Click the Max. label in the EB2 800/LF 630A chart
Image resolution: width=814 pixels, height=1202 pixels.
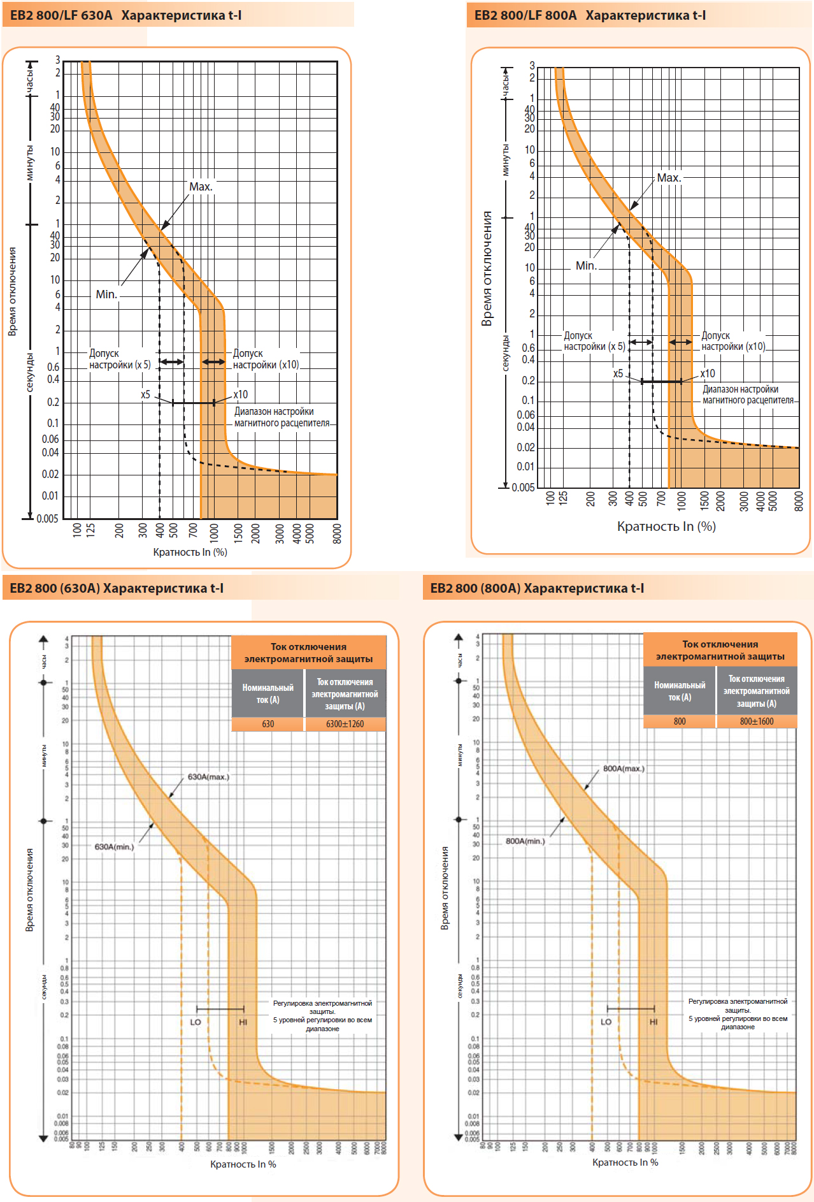201,187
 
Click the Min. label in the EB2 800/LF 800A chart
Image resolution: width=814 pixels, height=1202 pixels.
586,266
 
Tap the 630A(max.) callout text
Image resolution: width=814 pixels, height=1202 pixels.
208,777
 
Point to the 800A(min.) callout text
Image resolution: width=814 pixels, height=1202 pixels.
525,841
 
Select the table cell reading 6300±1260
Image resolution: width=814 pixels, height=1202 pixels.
345,724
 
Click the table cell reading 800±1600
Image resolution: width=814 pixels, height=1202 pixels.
757,721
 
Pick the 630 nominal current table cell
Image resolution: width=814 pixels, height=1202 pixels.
268,724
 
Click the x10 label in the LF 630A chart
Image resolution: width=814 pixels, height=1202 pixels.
241,395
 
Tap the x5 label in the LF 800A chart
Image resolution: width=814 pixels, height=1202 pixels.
618,373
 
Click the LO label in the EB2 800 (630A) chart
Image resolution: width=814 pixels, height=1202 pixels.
196,1022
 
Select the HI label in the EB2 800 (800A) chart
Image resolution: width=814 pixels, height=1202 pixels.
653,1022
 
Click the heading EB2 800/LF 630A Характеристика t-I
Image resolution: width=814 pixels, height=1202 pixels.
126,15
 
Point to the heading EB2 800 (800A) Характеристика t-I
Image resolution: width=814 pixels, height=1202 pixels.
537,588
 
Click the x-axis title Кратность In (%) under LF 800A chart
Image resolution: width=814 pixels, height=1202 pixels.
666,526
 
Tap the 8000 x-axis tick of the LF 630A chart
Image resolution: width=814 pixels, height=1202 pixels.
338,533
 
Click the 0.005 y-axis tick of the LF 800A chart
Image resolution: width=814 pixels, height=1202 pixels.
524,488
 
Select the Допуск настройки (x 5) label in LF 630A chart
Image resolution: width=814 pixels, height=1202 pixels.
120,359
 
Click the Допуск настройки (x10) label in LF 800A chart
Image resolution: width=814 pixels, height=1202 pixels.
733,341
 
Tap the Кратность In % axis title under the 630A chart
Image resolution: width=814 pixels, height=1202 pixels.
243,1164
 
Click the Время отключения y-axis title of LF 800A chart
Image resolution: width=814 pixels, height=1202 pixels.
487,268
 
